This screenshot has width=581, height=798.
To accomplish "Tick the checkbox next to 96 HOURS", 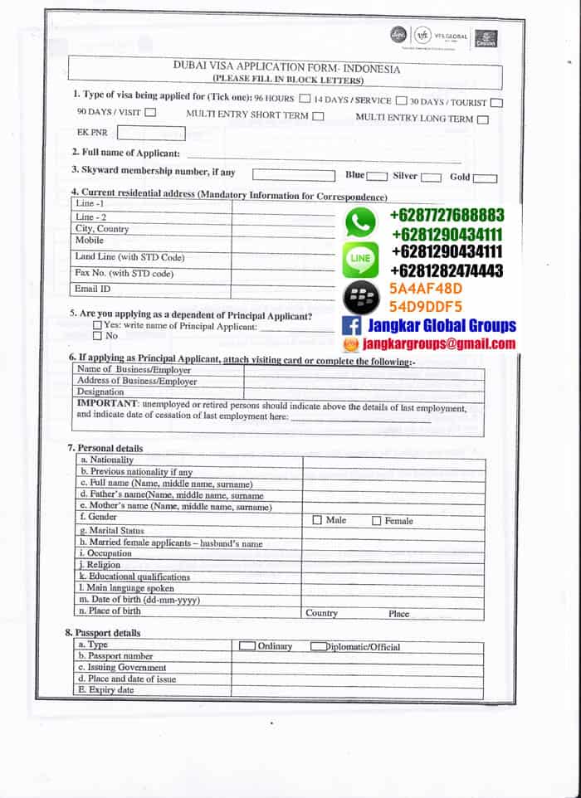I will [x=305, y=100].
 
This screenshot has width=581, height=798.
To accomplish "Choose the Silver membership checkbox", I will [x=430, y=177].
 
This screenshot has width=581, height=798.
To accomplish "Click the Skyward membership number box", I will [x=293, y=174].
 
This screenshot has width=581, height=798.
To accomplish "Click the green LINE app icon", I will [x=360, y=259].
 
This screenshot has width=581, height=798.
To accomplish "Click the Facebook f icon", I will [x=351, y=326].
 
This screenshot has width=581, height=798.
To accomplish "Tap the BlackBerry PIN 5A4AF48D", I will [x=425, y=289].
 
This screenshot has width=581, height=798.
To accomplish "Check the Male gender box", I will [x=317, y=520].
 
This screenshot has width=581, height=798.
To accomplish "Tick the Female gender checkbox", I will [x=376, y=521].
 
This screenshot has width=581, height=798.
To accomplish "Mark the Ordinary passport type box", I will [x=247, y=645].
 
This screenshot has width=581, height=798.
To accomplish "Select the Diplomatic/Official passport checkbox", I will [x=318, y=646].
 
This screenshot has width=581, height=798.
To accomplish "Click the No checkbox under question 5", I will [x=97, y=336].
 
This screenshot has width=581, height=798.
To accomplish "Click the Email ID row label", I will [x=93, y=289].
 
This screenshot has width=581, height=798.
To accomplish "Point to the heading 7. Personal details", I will [x=105, y=448].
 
